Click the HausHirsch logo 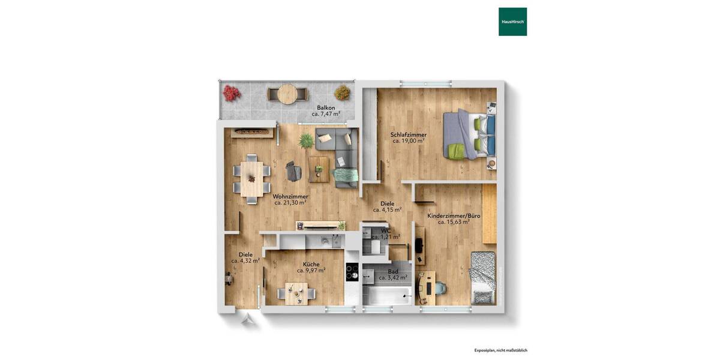[512, 22]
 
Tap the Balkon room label [326, 108]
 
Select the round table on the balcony [287, 94]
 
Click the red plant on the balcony [231, 93]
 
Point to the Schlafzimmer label [408, 135]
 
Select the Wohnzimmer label [290, 197]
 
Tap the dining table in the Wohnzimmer [251, 175]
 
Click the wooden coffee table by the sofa [319, 169]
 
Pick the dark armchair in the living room [293, 171]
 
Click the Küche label [311, 264]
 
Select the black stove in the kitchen [352, 272]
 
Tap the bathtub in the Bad [388, 295]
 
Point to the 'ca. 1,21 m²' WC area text [386, 237]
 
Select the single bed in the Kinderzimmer [483, 278]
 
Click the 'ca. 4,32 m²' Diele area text [245, 261]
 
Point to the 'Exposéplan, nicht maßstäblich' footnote [500, 350]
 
